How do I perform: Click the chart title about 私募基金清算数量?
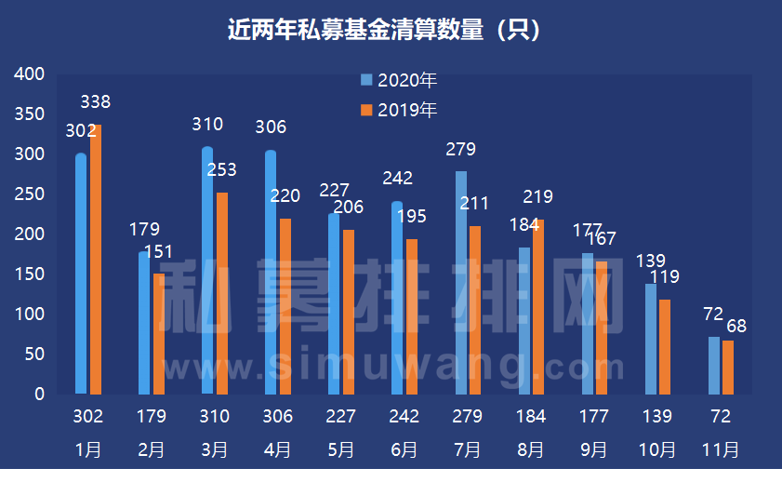[384, 31]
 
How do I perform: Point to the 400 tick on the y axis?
[32, 74]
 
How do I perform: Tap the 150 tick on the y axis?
[32, 274]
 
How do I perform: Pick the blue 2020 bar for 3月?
[207, 270]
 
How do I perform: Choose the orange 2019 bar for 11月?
[728, 367]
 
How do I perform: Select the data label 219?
[537, 196]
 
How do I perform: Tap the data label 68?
[736, 328]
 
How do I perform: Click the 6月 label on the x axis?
[404, 449]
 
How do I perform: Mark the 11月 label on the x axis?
[721, 449]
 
